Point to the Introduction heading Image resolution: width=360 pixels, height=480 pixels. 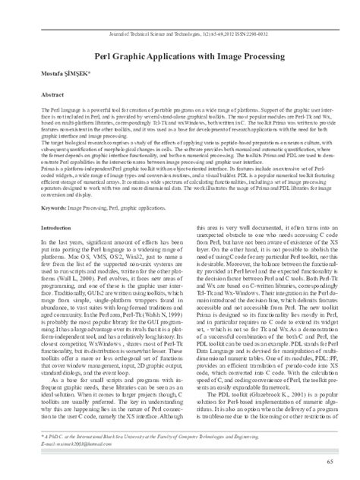tap(55, 205)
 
